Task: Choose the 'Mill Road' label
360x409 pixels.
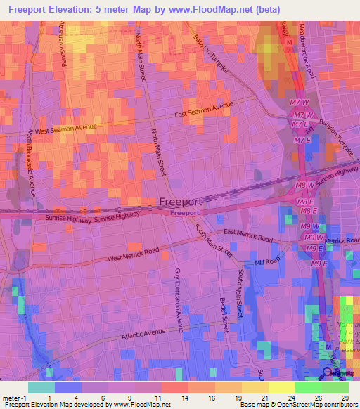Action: [x=267, y=261]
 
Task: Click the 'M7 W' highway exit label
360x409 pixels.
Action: [x=299, y=103]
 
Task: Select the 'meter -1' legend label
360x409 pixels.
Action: [x=13, y=396]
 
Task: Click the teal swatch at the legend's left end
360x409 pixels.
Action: [x=41, y=387]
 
